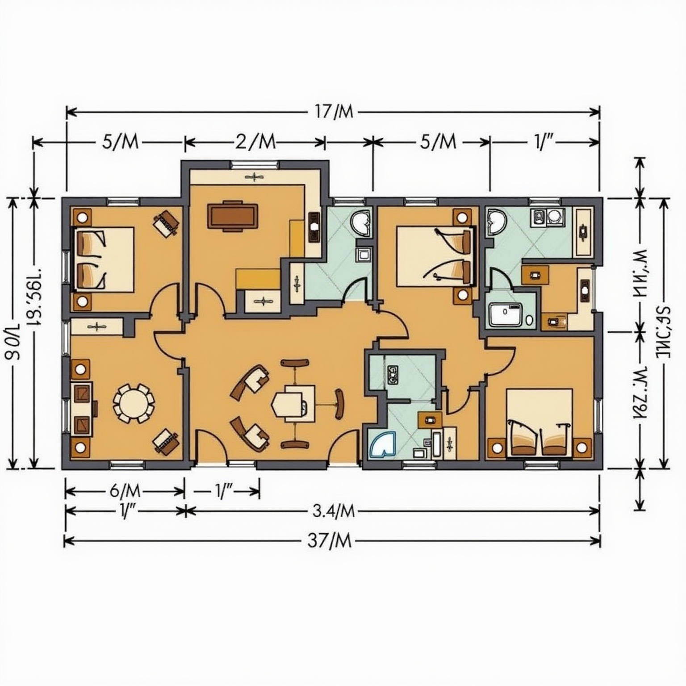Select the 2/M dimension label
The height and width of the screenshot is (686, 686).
point(255,142)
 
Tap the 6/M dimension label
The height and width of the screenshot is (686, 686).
point(125,492)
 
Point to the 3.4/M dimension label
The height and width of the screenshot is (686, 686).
point(333,510)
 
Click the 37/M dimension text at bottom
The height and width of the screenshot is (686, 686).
point(330,541)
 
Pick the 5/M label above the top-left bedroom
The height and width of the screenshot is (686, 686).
point(121,142)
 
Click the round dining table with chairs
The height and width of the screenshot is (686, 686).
point(134,403)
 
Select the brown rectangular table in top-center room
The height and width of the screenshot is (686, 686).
point(232,216)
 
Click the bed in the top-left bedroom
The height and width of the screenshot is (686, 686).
point(104,259)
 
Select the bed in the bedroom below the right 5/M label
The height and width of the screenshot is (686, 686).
point(435,256)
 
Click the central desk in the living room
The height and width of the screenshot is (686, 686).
point(293,401)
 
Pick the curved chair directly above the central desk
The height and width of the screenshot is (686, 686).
point(295,363)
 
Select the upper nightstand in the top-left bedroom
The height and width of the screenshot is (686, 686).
point(82,218)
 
